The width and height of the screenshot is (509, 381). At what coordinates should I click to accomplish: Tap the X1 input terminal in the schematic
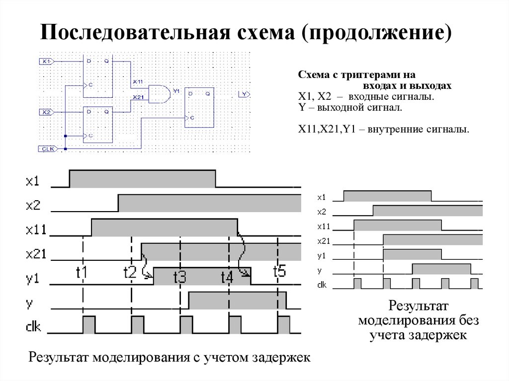(x=46, y=61)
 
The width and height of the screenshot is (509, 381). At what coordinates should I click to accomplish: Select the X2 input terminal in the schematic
(x=46, y=112)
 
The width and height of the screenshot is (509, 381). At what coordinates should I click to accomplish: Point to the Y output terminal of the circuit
(x=243, y=93)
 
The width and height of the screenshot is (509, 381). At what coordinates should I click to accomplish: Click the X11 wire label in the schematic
(x=138, y=81)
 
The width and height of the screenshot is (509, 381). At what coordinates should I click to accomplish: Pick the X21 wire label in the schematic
(x=138, y=97)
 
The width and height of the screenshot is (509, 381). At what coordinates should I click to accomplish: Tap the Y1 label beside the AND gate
(x=175, y=91)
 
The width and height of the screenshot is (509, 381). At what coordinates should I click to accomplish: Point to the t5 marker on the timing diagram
(x=280, y=271)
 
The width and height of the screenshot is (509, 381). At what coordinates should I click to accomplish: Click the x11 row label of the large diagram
(x=35, y=229)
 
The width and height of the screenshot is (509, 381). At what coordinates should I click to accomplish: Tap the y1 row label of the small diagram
(x=322, y=256)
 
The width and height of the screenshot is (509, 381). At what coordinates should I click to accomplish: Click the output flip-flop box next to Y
(x=200, y=108)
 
